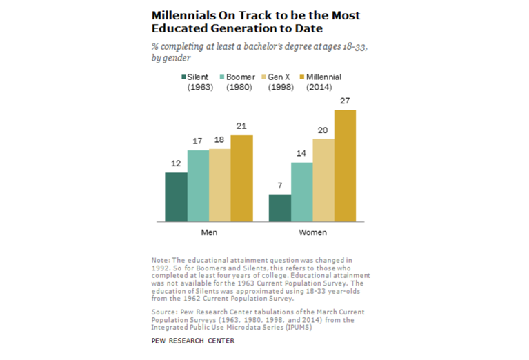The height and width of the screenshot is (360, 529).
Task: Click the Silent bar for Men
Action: pyautogui.click(x=176, y=197)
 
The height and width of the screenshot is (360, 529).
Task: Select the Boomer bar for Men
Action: pyautogui.click(x=198, y=186)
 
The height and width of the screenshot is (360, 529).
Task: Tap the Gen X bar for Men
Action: pyautogui.click(x=220, y=186)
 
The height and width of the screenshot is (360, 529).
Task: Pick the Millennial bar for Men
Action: pyautogui.click(x=242, y=179)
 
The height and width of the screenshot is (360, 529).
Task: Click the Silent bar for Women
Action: pyautogui.click(x=279, y=208)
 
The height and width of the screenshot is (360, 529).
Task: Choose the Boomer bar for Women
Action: pyautogui.click(x=301, y=192)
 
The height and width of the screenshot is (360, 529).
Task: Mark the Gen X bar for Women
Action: pyautogui.click(x=323, y=180)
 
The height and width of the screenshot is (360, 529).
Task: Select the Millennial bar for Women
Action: pyautogui.click(x=346, y=166)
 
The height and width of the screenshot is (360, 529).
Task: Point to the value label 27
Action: pyautogui.click(x=346, y=101)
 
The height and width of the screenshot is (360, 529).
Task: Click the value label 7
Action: pyautogui.click(x=279, y=186)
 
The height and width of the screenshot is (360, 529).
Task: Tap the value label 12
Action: pyautogui.click(x=176, y=163)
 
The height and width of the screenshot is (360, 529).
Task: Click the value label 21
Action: pyautogui.click(x=242, y=126)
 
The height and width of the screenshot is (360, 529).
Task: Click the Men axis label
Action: pyautogui.click(x=209, y=232)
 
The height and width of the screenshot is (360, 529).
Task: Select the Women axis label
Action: pyautogui.click(x=312, y=232)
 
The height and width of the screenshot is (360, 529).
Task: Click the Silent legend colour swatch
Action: pyautogui.click(x=183, y=77)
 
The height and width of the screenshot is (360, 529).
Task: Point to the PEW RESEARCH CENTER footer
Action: pyautogui.click(x=192, y=341)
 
